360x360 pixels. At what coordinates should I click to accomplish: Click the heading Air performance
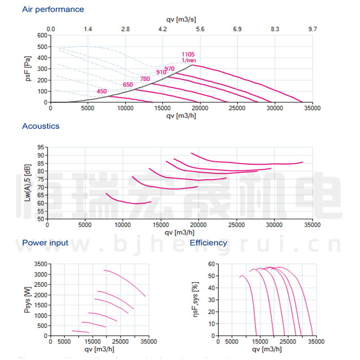pos(53,9)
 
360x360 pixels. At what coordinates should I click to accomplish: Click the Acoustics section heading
pos(41,126)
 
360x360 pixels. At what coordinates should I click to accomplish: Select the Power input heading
pos(45,243)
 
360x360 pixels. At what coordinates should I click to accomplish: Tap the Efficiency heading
pos(208,243)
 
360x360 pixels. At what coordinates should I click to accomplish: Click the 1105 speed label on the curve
pos(188,54)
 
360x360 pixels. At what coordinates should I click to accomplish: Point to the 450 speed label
pos(102,92)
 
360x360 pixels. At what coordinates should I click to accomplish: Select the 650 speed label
pos(128,85)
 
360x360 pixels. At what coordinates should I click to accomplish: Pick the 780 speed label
pos(145,79)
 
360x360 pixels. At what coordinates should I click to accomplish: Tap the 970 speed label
pos(170,69)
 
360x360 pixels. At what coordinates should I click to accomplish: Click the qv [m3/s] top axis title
pos(181,20)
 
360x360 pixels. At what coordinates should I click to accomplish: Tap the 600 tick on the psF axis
pos(42,35)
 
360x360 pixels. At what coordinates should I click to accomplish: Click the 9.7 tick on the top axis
pos(312,29)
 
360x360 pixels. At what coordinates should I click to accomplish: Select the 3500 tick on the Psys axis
pos(41,264)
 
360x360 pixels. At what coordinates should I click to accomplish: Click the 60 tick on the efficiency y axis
pos(211,264)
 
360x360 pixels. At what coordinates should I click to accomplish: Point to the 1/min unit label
pos(189,60)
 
